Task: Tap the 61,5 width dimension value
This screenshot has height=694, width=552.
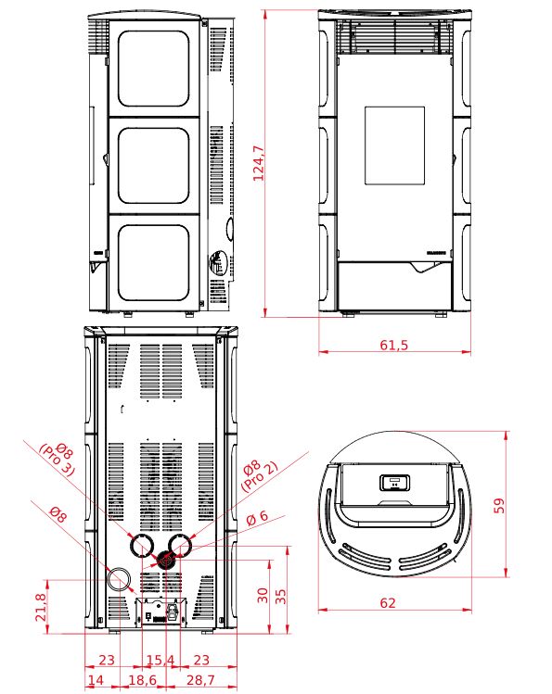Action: pos(394,345)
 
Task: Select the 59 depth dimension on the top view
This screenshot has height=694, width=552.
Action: pos(499,506)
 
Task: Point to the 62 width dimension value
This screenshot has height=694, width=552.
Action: pos(388,603)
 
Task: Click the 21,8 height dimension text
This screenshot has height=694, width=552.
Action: pos(40,607)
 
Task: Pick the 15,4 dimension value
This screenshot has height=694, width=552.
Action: pos(160,660)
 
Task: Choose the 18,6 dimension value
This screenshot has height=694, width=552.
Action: pos(142,679)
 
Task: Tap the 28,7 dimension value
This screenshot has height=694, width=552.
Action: pos(200,679)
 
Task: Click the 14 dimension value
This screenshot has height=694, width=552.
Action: pos(96,679)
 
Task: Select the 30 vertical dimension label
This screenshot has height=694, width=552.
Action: pos(263,595)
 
